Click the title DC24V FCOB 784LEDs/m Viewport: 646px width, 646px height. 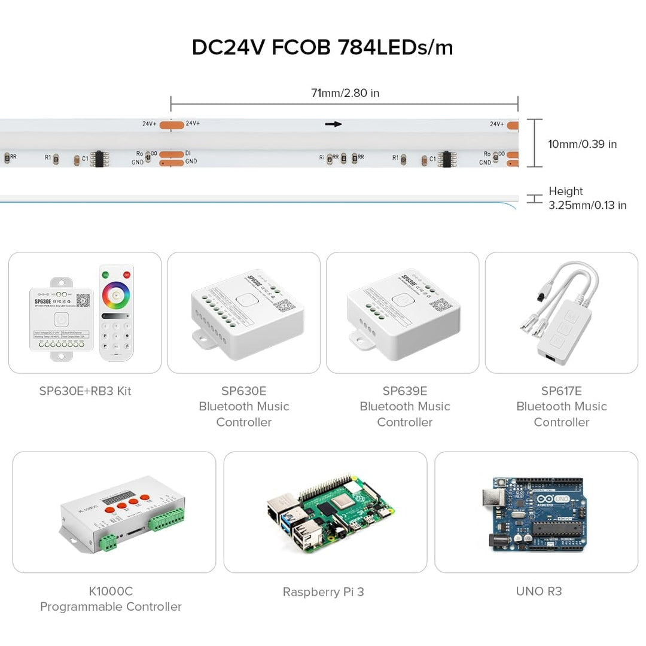coord(322,47)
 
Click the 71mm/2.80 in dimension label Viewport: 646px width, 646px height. coord(345,93)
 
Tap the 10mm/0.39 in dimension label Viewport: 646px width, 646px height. coord(582,144)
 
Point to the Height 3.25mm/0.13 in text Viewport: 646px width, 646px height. coord(587,198)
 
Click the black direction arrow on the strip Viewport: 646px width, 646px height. coord(333,124)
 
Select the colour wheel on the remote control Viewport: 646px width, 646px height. coord(116,295)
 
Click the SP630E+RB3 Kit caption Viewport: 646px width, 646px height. coord(85,391)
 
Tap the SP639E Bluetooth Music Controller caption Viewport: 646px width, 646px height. coord(404,406)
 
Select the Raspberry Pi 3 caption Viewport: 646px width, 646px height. coord(323,592)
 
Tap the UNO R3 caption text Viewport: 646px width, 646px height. coord(538,591)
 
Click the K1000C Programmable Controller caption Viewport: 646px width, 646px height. coord(111,599)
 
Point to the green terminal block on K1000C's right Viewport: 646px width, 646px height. coord(167,519)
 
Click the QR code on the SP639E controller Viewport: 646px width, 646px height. coord(441,305)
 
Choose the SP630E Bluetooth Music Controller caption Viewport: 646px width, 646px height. coord(243,406)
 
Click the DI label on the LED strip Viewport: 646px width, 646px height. coord(188,153)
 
